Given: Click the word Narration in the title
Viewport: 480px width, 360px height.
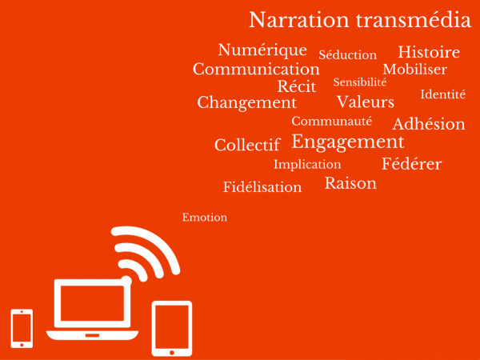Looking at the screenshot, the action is [x=299, y=20].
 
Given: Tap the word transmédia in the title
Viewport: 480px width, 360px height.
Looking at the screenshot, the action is [x=414, y=20].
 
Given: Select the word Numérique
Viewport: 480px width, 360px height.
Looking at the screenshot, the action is [x=262, y=50].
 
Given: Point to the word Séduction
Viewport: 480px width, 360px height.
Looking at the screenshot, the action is [x=347, y=54].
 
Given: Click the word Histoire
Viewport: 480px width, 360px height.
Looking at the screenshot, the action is [x=429, y=52].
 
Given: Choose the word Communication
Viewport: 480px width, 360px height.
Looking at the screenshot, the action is [x=256, y=69].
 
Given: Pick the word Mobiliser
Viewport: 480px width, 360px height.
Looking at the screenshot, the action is [x=414, y=69].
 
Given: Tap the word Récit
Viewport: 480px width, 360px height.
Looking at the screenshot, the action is [x=297, y=86].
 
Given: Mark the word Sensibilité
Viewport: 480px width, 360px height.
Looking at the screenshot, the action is [x=360, y=82].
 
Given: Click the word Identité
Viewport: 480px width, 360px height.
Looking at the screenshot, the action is [x=443, y=94].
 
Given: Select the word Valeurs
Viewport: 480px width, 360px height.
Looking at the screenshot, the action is [x=366, y=102].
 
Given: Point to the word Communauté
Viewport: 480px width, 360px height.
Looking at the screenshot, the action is [x=332, y=122].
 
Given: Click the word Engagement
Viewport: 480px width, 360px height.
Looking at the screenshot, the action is [x=348, y=142].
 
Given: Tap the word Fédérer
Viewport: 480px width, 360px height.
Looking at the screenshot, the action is [x=412, y=164].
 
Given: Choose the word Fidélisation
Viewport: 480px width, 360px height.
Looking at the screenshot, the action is [x=262, y=186].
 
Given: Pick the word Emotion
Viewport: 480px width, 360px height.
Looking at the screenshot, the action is [x=205, y=218].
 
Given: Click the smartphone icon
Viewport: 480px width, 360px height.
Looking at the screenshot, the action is [x=22, y=329].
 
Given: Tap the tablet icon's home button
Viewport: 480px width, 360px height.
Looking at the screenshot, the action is [x=172, y=353].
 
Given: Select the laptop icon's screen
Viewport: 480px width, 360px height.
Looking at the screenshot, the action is [x=92, y=303].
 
